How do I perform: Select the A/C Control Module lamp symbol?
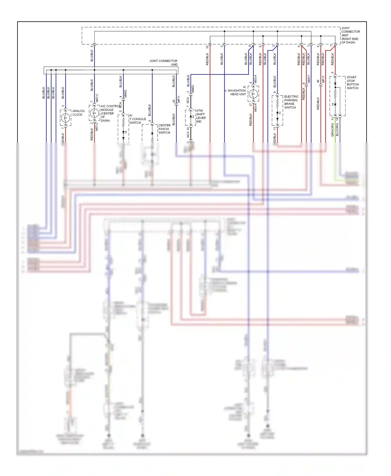tap(94, 113)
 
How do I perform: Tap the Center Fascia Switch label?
tap(164, 129)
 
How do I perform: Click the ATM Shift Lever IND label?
tap(201, 116)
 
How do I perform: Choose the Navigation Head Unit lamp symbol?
tap(253, 94)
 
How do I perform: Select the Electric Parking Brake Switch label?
tap(291, 102)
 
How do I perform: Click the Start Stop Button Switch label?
tap(353, 83)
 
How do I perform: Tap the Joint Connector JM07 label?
tap(350, 35)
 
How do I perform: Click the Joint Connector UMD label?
tap(163, 62)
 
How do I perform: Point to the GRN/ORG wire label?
tap(332, 130)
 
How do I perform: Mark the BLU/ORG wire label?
tap(337, 129)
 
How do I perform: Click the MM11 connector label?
tap(309, 79)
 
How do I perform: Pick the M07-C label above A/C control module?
tap(97, 98)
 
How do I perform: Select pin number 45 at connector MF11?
tap(174, 102)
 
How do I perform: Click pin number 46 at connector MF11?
tap(318, 81)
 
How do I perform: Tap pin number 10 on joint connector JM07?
tap(207, 47)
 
